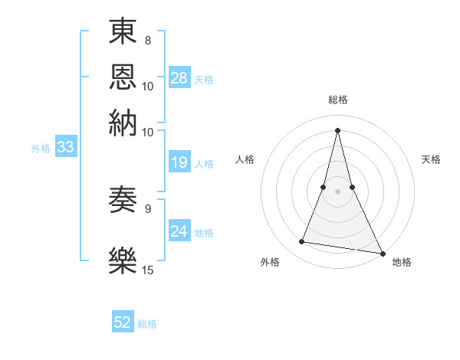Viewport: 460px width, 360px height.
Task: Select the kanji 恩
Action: click(x=123, y=76)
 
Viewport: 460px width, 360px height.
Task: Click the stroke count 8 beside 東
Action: click(x=147, y=40)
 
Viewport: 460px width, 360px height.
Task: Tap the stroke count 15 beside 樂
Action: click(x=149, y=270)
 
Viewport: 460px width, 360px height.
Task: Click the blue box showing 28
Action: click(x=179, y=77)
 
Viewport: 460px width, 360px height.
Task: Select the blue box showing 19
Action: click(x=179, y=162)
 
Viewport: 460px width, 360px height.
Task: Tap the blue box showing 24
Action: click(x=179, y=231)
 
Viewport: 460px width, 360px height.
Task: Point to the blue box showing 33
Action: click(x=65, y=147)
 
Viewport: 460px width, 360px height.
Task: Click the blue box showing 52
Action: click(x=123, y=322)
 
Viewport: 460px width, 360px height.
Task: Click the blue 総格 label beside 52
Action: click(x=147, y=324)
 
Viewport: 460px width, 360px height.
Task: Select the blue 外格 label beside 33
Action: click(x=40, y=149)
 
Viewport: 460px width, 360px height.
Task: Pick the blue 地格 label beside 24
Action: click(x=204, y=232)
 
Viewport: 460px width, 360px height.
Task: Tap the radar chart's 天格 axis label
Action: click(x=432, y=159)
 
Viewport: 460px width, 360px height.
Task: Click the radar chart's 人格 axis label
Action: click(x=245, y=159)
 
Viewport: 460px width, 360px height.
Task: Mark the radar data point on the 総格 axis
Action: click(x=338, y=130)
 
